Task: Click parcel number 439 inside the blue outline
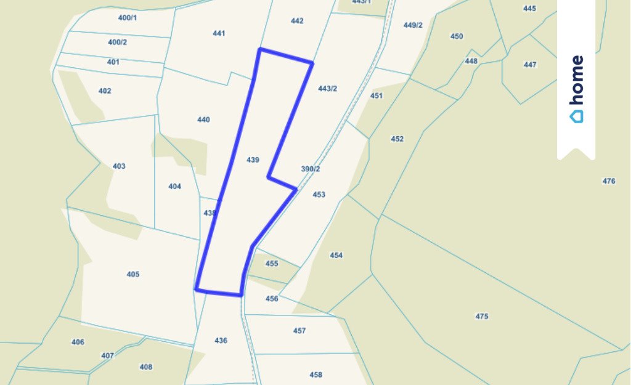(x=252, y=160)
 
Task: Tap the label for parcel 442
(x=297, y=21)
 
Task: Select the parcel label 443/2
(x=327, y=89)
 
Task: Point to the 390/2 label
(x=311, y=169)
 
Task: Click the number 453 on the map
(x=319, y=195)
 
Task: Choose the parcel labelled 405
(x=133, y=274)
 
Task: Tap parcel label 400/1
(x=127, y=18)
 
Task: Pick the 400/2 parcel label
(x=117, y=43)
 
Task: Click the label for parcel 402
(x=105, y=91)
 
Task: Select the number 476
(x=609, y=181)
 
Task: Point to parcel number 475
(x=482, y=317)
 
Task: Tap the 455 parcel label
(x=272, y=264)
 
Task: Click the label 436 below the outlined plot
(x=221, y=341)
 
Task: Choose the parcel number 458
(x=315, y=375)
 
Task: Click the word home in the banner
(x=576, y=81)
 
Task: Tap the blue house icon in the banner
(x=576, y=116)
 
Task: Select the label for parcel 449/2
(x=413, y=25)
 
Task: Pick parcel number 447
(x=530, y=65)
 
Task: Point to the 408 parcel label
(x=145, y=367)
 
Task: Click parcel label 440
(x=203, y=120)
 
